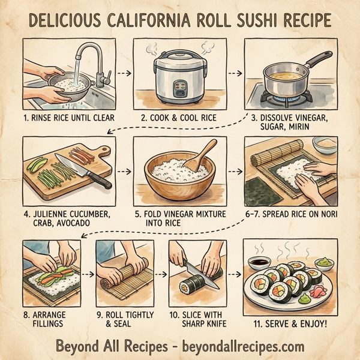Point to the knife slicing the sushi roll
[195, 269]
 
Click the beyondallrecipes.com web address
[239, 346]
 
